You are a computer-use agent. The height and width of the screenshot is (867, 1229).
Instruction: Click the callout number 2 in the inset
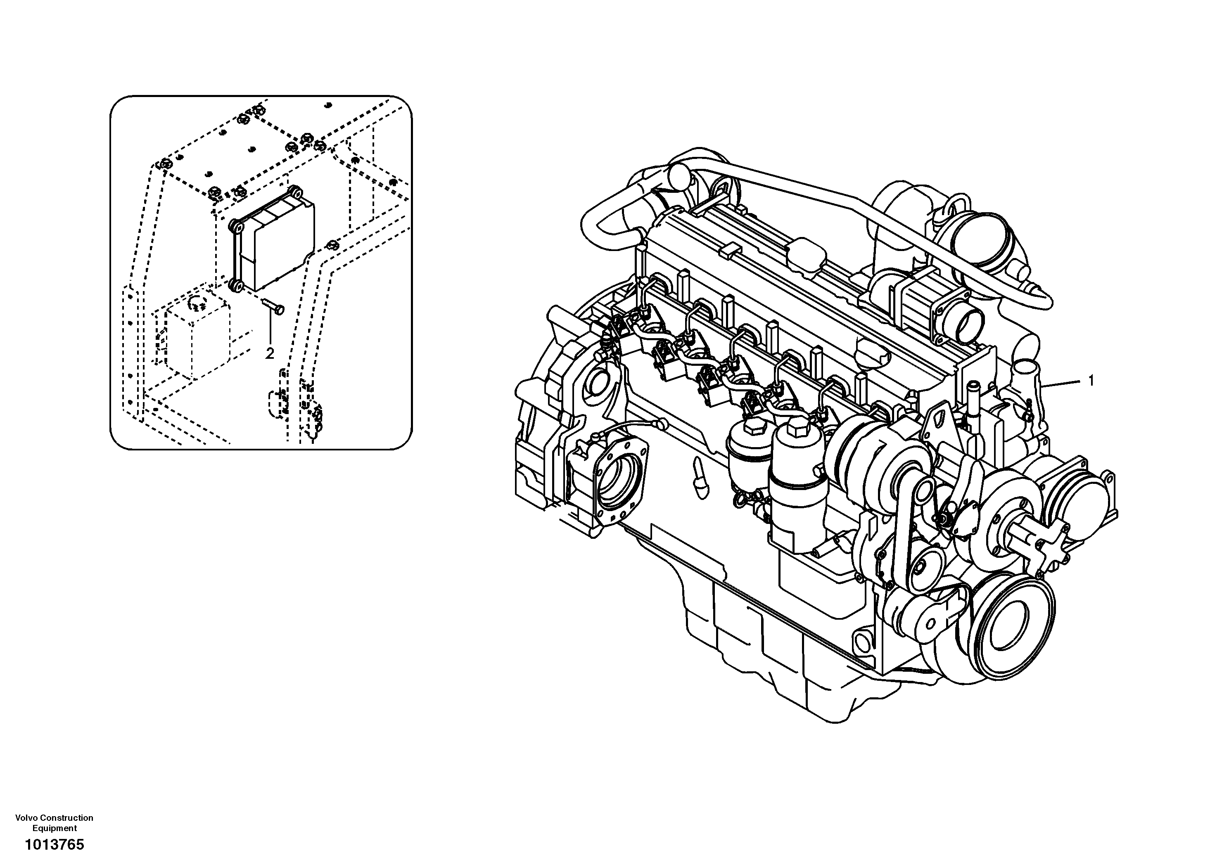[270, 353]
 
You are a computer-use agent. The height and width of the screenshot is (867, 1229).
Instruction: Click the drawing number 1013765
[54, 845]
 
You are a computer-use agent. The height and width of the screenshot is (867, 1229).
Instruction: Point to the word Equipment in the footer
[54, 828]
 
